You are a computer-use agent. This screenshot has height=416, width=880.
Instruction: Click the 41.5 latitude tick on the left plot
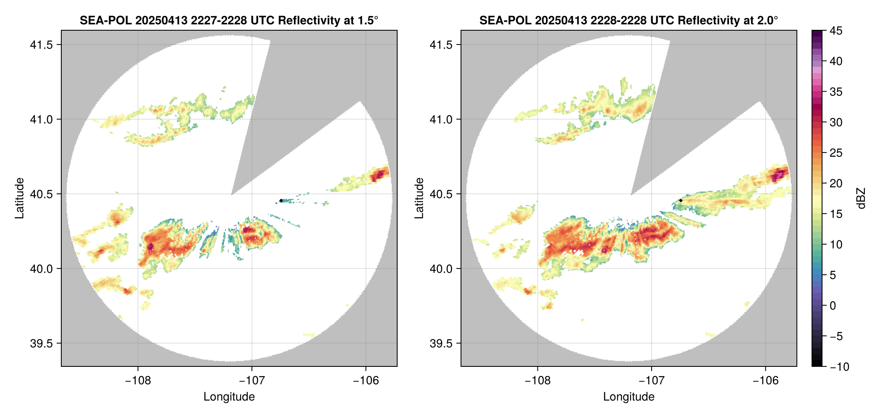pos(42,45)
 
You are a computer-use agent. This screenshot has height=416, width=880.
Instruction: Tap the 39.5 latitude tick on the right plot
pos(441,343)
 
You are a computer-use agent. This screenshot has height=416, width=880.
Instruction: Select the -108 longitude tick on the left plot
pos(138,381)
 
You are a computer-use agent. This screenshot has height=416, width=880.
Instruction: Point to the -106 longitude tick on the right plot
pos(765,381)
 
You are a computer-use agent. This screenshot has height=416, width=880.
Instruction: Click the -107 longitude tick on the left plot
pos(252,381)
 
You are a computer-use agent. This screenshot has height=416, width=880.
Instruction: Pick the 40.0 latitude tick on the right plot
pos(441,269)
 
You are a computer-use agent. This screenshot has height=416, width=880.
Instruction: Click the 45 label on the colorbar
pos(835,31)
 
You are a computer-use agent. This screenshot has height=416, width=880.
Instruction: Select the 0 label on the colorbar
pos(833,306)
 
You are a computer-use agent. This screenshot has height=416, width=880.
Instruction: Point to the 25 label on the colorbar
pos(835,153)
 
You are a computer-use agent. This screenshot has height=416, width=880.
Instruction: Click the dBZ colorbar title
pos(861,198)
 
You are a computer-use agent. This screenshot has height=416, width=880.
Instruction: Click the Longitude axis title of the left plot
pos(229,397)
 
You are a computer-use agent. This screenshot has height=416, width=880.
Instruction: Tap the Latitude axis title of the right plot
pos(419,198)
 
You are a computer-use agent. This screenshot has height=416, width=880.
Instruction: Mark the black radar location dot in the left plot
pos(281,200)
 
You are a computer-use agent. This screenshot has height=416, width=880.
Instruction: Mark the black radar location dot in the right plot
pos(681,200)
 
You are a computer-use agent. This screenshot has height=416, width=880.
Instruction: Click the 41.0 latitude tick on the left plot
pos(42,120)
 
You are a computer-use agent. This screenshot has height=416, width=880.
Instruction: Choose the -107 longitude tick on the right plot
pos(652,381)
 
